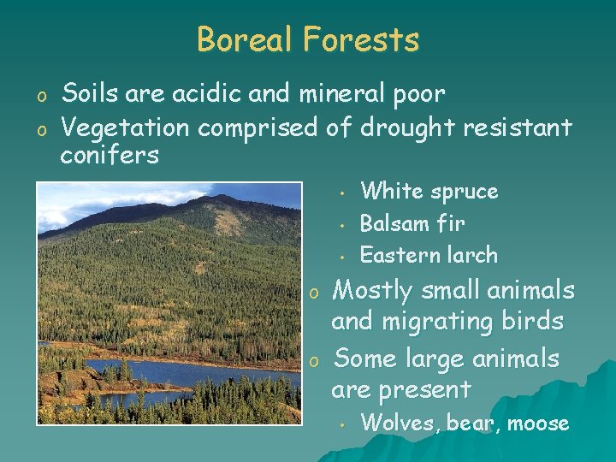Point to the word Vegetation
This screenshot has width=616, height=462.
[x=126, y=128]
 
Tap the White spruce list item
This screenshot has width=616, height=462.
[x=429, y=192]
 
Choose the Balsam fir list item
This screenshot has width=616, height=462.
[x=412, y=223]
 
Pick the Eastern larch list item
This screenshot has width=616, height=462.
[x=428, y=255]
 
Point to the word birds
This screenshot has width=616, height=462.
[x=534, y=322]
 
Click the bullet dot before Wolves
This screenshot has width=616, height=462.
[x=340, y=423]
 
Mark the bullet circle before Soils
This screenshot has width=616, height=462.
[x=40, y=94]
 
